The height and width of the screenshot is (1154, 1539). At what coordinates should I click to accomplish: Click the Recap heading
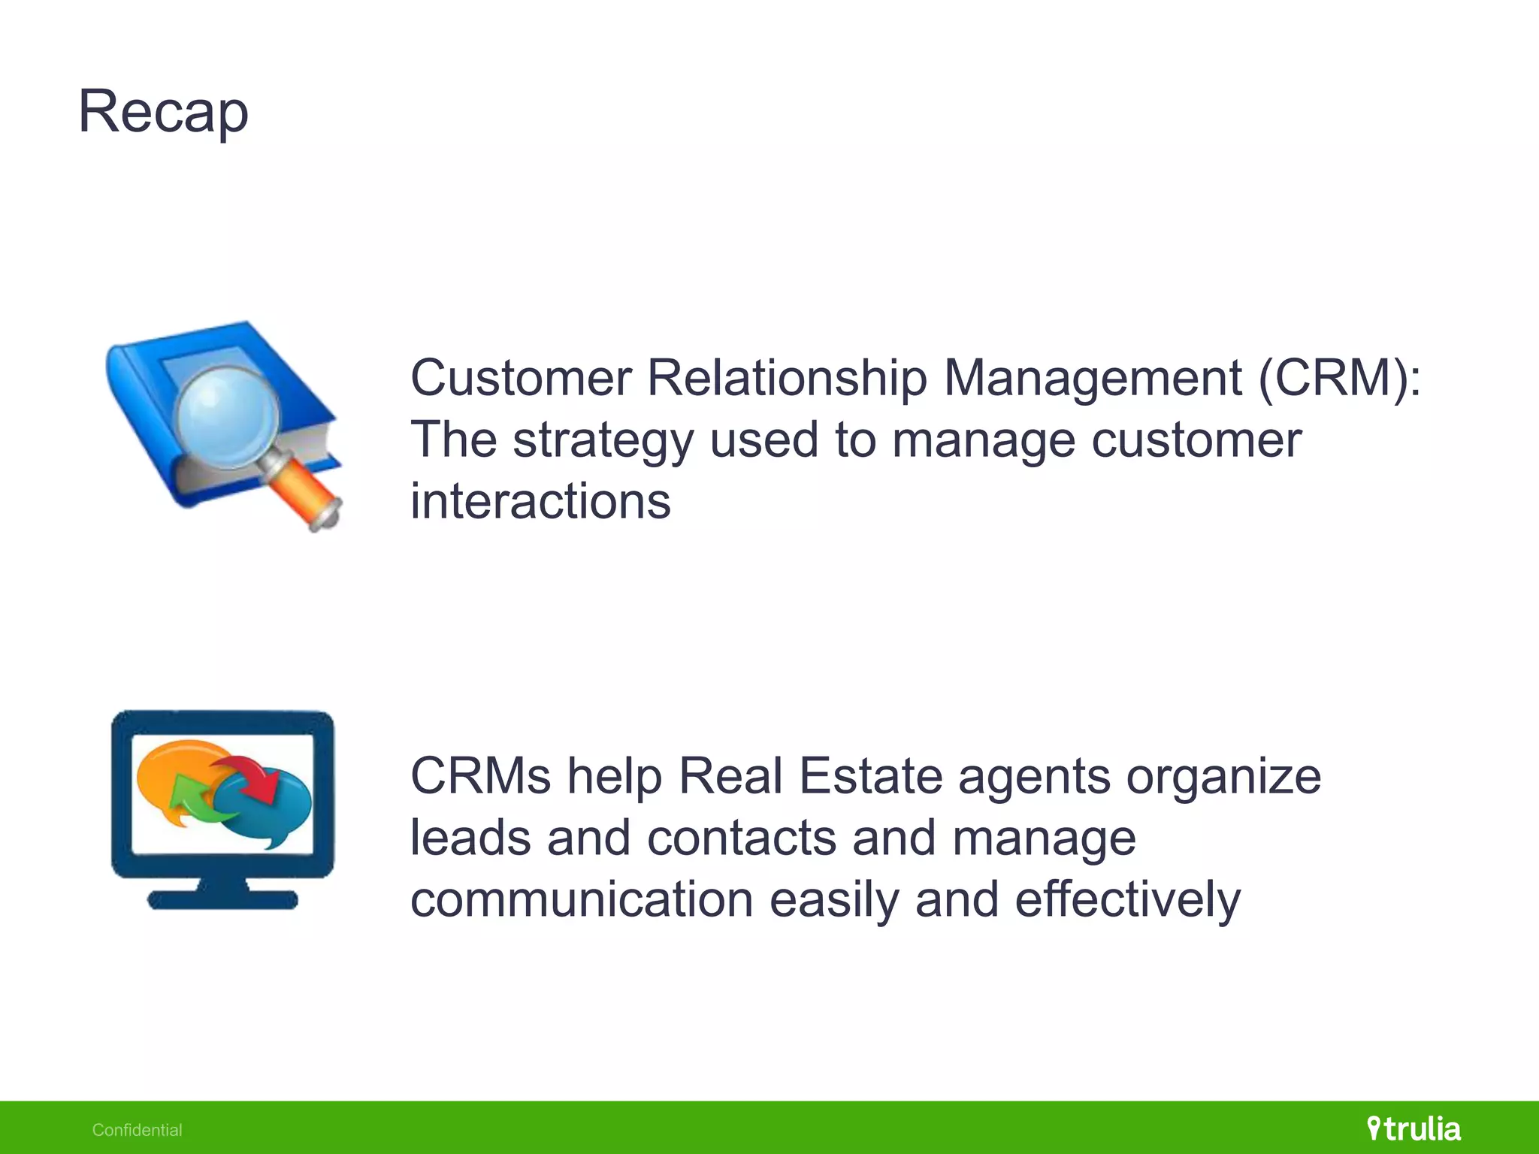[163, 112]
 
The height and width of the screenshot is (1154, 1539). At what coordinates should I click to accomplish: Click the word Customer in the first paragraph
[521, 377]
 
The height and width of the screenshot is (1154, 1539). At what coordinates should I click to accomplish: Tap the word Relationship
[787, 377]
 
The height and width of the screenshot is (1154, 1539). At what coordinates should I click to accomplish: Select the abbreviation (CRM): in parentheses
[1340, 377]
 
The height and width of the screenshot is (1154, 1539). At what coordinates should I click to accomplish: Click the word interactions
[540, 501]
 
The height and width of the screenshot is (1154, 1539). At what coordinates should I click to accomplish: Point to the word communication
[582, 899]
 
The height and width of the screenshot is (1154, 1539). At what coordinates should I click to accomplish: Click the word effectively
[1127, 899]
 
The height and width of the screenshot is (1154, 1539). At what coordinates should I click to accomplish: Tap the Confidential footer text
[137, 1130]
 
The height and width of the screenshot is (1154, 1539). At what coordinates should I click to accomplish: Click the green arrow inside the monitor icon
[192, 801]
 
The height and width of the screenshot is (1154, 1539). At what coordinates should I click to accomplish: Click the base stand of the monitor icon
[222, 898]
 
